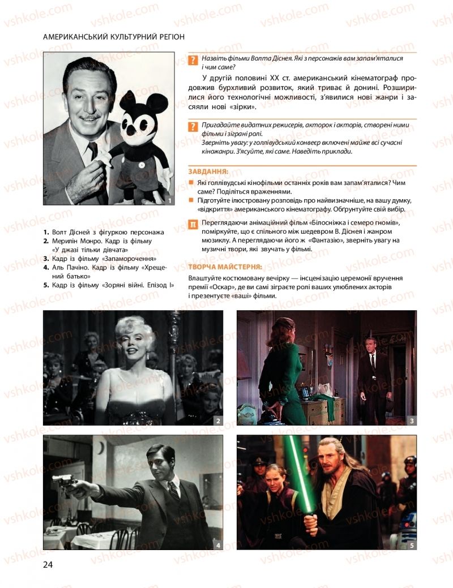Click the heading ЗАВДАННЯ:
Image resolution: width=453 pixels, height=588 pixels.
coord(208,171)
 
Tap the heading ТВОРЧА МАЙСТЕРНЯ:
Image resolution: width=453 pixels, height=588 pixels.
coord(225,266)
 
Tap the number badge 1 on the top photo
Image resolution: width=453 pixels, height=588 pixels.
coord(169,200)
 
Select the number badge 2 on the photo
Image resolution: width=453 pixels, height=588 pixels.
coord(218,420)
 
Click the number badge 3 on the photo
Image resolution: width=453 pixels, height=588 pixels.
coord(411,420)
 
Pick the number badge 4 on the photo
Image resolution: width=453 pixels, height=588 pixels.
coord(218,544)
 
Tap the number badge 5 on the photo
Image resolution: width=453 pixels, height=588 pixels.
coord(411,544)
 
